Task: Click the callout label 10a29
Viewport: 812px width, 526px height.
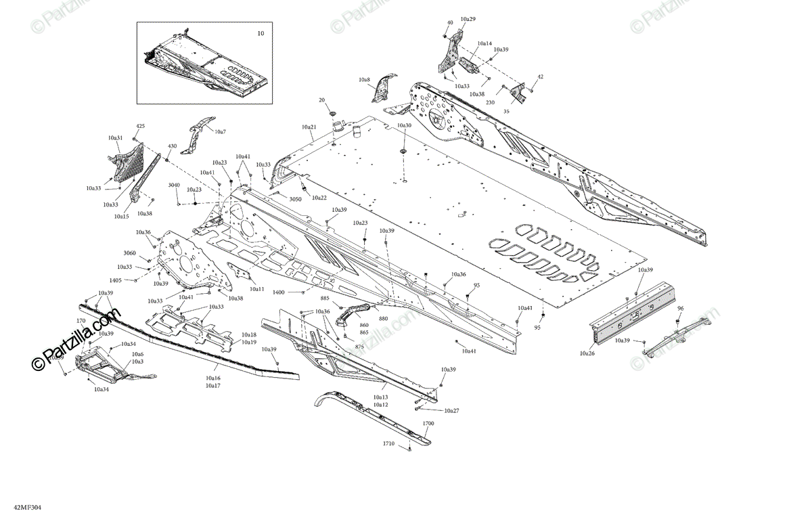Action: click(468, 19)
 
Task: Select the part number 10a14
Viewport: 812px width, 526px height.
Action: click(484, 43)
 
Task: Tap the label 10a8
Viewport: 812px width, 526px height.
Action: click(364, 80)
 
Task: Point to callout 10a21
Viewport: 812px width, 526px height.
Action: click(309, 127)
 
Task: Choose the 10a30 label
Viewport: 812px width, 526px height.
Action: click(404, 126)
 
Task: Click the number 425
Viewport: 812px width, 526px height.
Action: click(141, 127)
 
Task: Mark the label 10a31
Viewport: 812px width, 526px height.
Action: click(115, 138)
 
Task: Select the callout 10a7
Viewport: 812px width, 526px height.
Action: click(221, 131)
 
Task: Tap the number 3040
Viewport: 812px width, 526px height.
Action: click(174, 185)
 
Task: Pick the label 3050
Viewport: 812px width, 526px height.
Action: click(295, 200)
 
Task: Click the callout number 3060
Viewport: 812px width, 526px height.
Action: click(130, 253)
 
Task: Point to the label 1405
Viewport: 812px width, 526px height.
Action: click(116, 280)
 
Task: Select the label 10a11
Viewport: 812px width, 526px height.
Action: click(256, 289)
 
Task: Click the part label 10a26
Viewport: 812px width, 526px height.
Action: click(587, 353)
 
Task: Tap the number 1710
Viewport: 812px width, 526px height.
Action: click(388, 443)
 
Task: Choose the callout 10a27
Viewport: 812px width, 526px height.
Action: click(451, 411)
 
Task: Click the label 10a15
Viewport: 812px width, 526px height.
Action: click(121, 217)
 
